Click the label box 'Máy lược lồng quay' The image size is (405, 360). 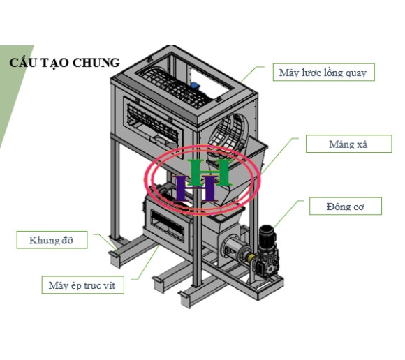323,72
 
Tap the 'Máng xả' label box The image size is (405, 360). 348,144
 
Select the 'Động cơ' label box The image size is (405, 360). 346,207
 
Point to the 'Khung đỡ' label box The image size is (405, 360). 52,240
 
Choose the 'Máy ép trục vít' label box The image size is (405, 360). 82,285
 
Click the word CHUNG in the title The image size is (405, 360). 96,63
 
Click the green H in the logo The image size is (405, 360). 209,172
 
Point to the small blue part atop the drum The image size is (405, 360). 195,85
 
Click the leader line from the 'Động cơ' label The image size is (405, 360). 288,213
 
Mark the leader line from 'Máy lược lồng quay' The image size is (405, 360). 252,74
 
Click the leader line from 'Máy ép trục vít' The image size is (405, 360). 146,262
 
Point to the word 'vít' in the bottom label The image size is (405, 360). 109,285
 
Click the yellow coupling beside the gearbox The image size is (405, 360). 251,258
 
